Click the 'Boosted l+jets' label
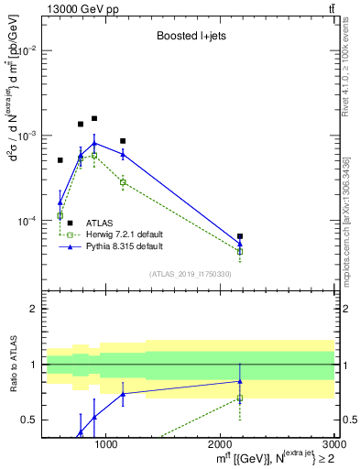188,38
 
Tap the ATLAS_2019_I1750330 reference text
191,274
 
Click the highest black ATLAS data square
94,118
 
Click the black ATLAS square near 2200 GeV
240,236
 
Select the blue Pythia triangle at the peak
94,143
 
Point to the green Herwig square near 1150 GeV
123,182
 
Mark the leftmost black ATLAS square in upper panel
60,160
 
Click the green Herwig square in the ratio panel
240,398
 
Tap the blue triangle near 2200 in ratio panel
240,381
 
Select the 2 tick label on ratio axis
32,310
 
